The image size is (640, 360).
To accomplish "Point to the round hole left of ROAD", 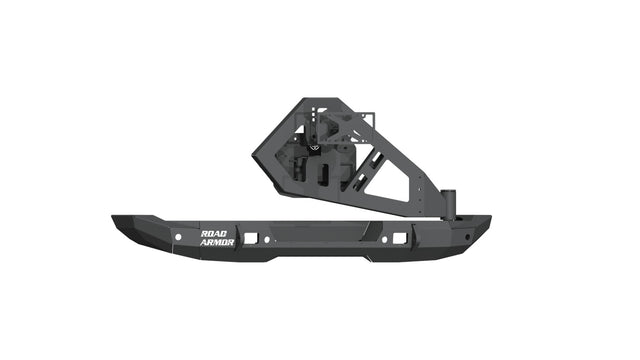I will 178,237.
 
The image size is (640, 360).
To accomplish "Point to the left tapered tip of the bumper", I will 112,221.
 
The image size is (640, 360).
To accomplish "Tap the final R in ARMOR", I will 233,242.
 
